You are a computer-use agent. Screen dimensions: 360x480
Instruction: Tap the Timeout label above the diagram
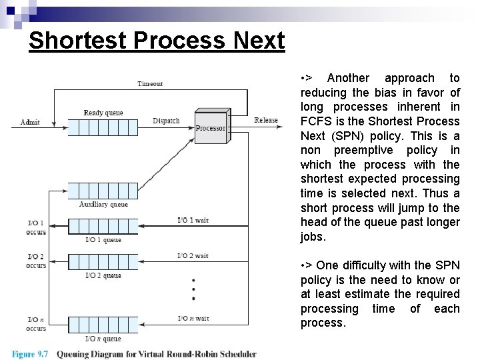pos(150,84)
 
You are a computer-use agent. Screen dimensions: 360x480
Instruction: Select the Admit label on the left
pos(30,122)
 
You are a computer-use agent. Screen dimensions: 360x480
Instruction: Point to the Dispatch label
pos(166,121)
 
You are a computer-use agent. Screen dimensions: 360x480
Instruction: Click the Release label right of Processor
pos(266,121)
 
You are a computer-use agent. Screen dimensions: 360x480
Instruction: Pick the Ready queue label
pos(103,113)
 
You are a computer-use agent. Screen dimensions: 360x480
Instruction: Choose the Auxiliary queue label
pos(103,205)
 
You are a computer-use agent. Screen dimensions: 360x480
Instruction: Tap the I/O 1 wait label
pos(193,220)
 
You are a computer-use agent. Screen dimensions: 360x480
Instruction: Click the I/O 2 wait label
pos(193,256)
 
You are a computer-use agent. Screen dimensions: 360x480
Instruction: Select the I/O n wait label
pos(193,319)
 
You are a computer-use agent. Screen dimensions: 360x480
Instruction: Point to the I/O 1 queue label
pos(103,239)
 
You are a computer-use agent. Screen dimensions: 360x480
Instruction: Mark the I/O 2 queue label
pos(103,275)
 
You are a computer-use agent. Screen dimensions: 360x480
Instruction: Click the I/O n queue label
pos(103,338)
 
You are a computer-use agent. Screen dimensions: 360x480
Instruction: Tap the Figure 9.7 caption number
pos(31,354)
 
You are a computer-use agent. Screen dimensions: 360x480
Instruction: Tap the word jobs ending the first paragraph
pos(313,237)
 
